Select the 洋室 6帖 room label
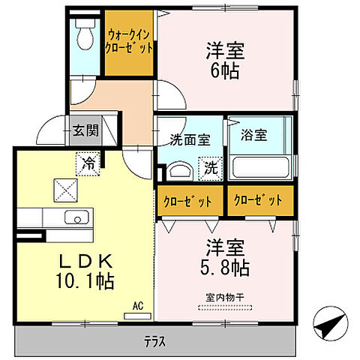225,61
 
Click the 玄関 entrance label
85,130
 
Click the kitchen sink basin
75,218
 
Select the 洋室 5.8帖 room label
225,257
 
